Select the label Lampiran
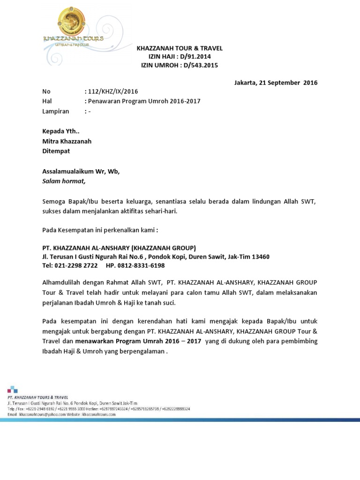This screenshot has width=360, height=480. [56, 111]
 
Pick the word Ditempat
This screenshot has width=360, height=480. [56, 151]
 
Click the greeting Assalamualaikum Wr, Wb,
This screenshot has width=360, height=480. [81, 171]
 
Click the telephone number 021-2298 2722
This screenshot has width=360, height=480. [77, 265]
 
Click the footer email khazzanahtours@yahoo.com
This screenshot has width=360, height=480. [41, 414]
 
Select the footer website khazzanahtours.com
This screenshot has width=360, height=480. [99, 414]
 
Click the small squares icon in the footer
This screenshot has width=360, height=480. [12, 389]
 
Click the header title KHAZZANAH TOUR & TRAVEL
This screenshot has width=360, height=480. [180, 48]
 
